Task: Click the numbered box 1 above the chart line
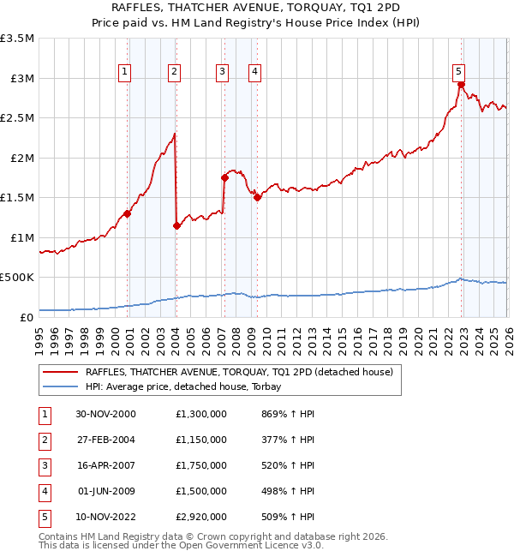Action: (x=125, y=72)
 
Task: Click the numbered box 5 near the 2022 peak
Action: (x=458, y=72)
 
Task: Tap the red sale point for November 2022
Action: (x=461, y=85)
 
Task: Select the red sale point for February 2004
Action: (x=176, y=226)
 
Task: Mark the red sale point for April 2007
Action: (x=224, y=178)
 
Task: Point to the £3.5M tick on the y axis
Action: (x=19, y=39)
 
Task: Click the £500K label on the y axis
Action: (x=17, y=278)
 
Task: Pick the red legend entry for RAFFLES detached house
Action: (x=238, y=372)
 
